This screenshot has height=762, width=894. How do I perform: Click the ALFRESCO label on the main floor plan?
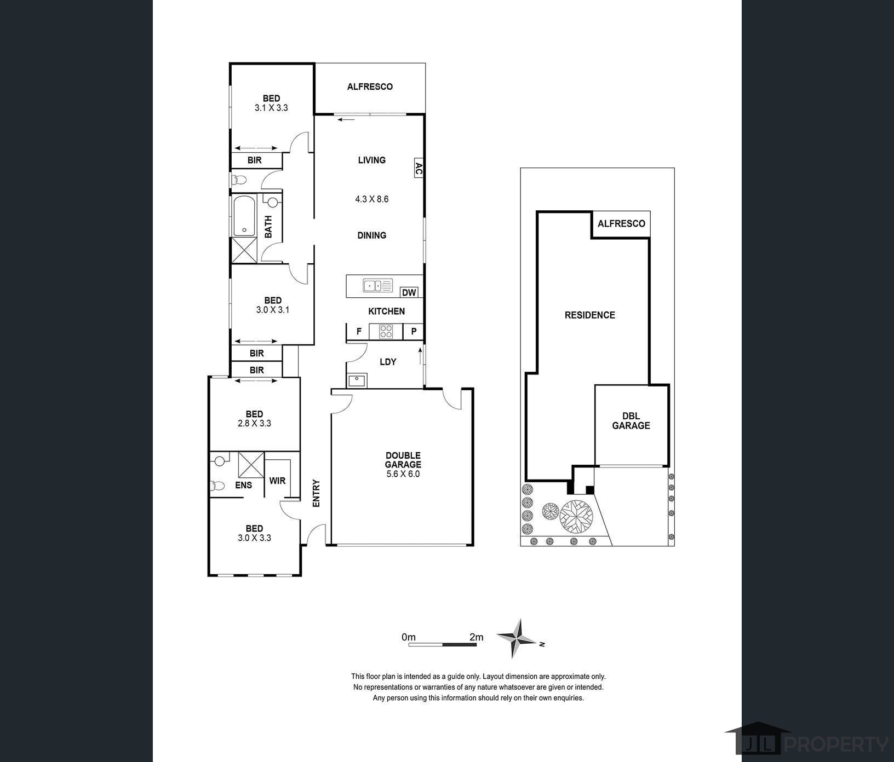click(370, 86)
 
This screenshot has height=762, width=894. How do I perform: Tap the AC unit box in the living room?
click(417, 168)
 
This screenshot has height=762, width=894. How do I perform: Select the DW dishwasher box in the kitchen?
click(409, 292)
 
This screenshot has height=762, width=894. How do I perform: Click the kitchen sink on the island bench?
click(378, 285)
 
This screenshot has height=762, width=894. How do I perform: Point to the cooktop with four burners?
click(386, 331)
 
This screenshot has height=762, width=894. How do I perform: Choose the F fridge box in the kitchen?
click(359, 331)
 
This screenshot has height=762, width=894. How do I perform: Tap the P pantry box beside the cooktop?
click(414, 331)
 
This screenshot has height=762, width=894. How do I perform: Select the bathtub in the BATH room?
click(245, 216)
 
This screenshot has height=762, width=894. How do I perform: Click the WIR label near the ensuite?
click(277, 481)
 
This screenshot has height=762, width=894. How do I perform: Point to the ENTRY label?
click(316, 493)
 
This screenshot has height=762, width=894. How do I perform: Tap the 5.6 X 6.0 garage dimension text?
click(403, 474)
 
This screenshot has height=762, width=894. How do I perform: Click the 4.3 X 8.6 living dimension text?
click(372, 199)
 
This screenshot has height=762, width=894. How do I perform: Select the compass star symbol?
click(517, 638)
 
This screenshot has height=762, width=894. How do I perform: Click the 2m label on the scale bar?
click(477, 637)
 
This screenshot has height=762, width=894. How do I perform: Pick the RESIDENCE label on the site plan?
click(590, 315)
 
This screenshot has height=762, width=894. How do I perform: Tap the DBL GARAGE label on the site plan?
click(631, 421)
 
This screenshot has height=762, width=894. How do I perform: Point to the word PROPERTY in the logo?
click(837, 744)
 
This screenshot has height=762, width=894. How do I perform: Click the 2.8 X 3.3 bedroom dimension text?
click(254, 423)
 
